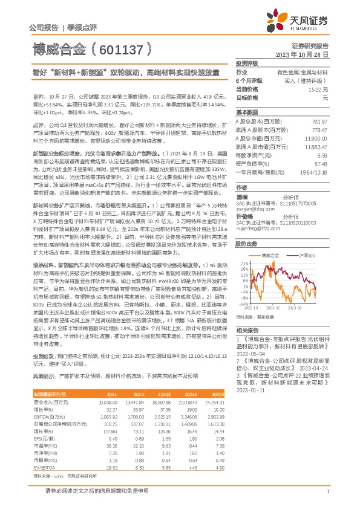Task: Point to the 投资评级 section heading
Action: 247,63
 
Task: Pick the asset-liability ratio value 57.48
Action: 321,163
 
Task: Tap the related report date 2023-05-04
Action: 249,355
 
